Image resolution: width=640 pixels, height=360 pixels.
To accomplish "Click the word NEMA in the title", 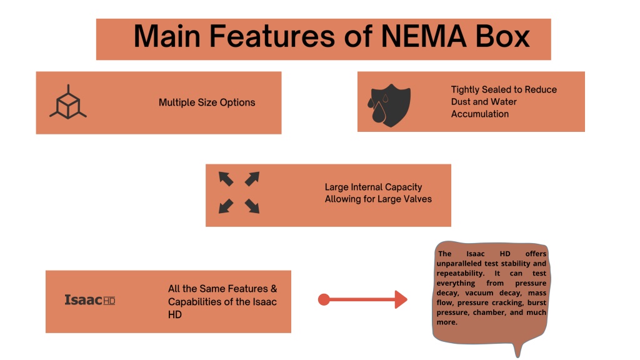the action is pyautogui.click(x=424, y=36).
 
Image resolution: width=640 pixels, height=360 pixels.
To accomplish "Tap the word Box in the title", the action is pyautogui.click(x=502, y=36).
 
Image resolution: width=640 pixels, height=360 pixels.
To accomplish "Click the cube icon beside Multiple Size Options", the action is pyautogui.click(x=68, y=102).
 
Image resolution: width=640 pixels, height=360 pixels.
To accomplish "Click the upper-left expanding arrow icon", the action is pyautogui.click(x=226, y=179).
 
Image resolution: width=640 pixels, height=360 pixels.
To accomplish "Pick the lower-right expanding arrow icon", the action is pyautogui.click(x=252, y=206).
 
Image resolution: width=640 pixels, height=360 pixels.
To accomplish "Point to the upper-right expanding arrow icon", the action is pyautogui.click(x=252, y=179).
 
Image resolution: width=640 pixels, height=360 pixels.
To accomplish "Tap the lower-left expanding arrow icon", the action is pyautogui.click(x=226, y=206).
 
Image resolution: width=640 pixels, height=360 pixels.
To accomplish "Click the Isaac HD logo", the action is pyautogui.click(x=90, y=300).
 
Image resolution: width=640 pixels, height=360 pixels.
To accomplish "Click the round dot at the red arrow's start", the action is pyautogui.click(x=324, y=299).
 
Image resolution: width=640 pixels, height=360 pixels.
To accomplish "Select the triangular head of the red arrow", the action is pyautogui.click(x=401, y=299).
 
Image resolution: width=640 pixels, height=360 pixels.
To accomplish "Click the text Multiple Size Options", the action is pyautogui.click(x=207, y=102).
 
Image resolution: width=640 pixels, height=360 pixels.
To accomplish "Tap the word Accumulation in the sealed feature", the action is pyautogui.click(x=480, y=114).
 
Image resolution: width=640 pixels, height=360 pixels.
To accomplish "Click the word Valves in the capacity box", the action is pyautogui.click(x=418, y=199).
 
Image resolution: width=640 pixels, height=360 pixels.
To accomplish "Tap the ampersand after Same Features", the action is pyautogui.click(x=274, y=289).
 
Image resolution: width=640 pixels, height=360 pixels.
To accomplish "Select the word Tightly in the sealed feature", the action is pyautogui.click(x=465, y=90).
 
